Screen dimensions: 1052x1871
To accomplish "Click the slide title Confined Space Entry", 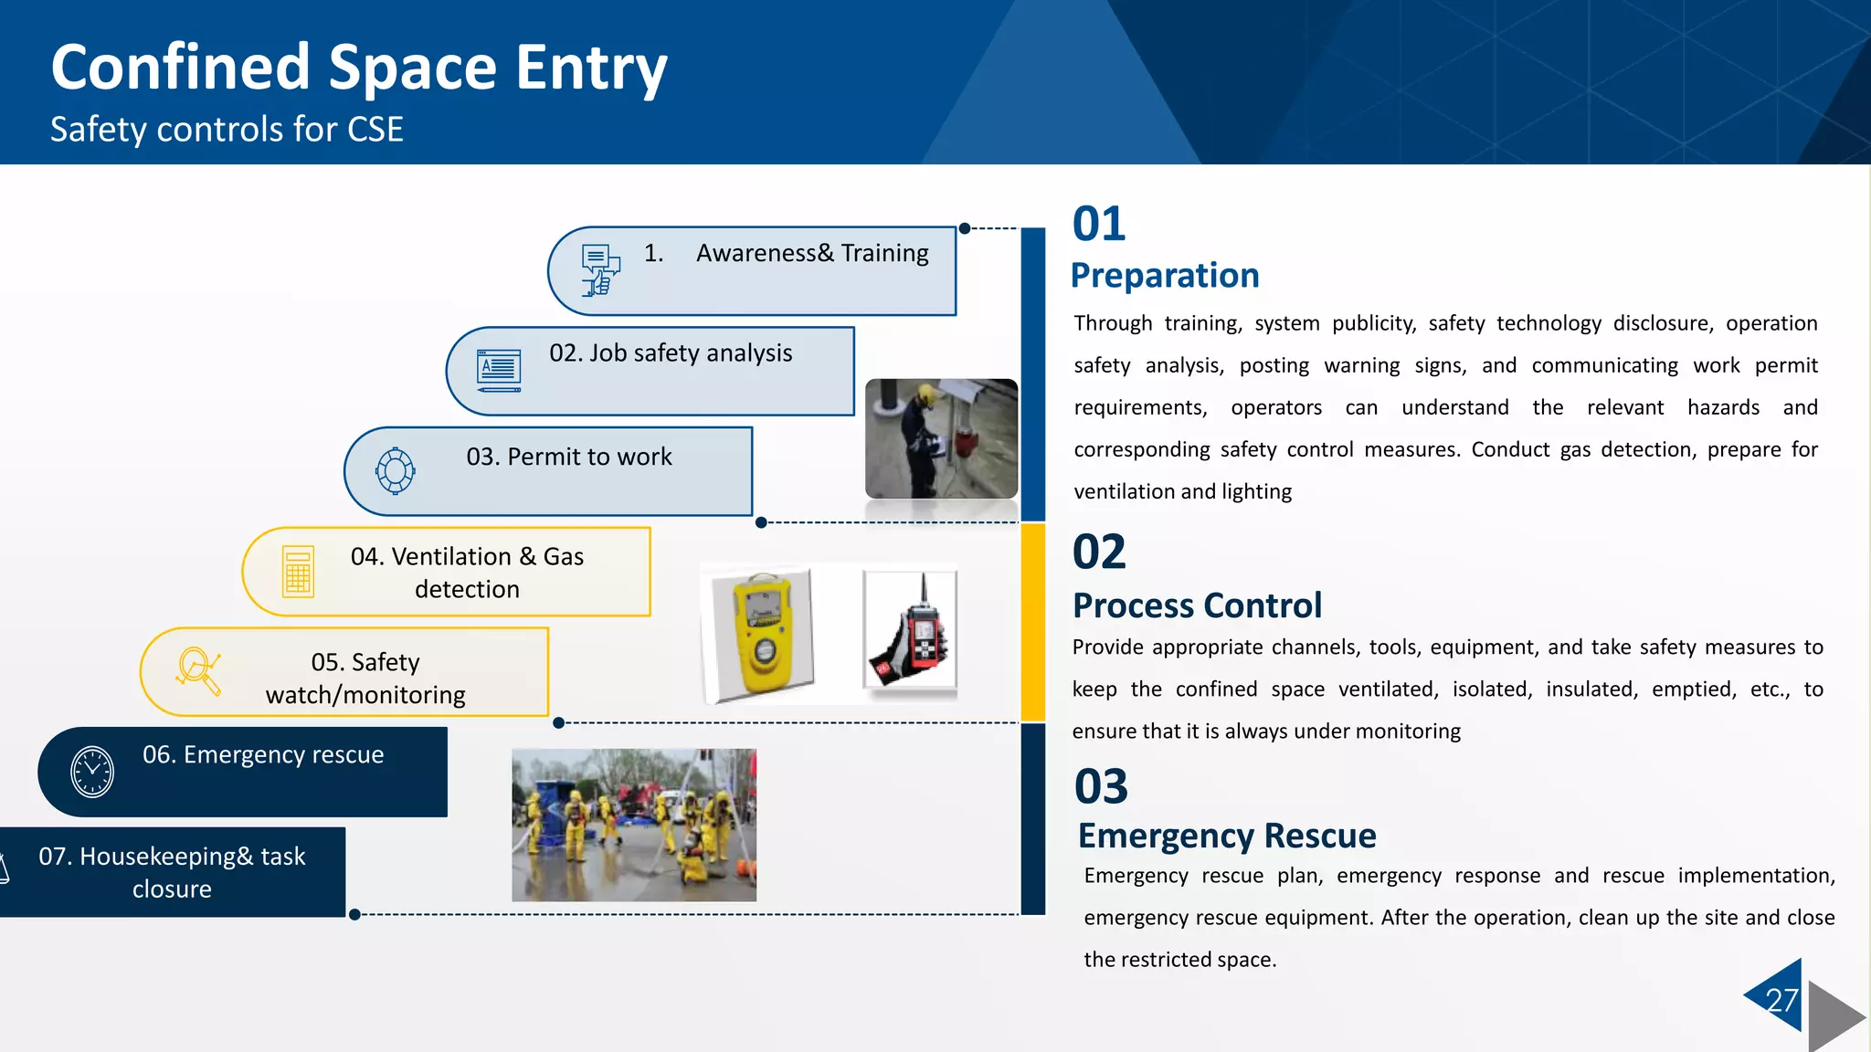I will (x=359, y=68).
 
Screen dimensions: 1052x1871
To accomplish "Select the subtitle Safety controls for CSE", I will (x=227, y=130).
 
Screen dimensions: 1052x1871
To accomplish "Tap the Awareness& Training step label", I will (x=811, y=253).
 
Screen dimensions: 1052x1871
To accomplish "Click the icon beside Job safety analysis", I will (x=499, y=370).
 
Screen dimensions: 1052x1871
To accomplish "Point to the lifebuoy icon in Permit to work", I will (x=395, y=471).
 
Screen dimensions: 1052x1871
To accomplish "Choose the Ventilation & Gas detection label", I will (x=467, y=573).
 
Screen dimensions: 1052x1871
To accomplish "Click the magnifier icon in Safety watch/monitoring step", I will (x=198, y=671).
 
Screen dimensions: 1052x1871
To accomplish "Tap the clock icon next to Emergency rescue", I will (x=92, y=772).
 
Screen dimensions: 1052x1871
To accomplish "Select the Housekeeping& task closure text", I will (x=172, y=872).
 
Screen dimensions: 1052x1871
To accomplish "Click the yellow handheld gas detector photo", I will (x=761, y=634).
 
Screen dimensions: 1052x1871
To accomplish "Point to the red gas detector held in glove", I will (x=911, y=631).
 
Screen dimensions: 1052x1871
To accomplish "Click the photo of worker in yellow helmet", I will (x=941, y=438).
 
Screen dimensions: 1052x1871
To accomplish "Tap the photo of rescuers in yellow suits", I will (x=634, y=825).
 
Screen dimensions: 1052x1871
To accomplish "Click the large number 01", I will (x=1099, y=225).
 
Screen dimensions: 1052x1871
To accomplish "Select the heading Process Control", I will (x=1197, y=605).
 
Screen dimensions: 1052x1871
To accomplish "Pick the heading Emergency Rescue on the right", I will (x=1226, y=836).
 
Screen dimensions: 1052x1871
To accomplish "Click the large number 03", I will (x=1101, y=787).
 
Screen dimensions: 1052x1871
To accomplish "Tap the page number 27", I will (x=1781, y=1001).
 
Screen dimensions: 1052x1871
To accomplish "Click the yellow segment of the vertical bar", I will (x=1032, y=622).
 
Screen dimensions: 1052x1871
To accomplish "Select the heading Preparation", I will (x=1165, y=275).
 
